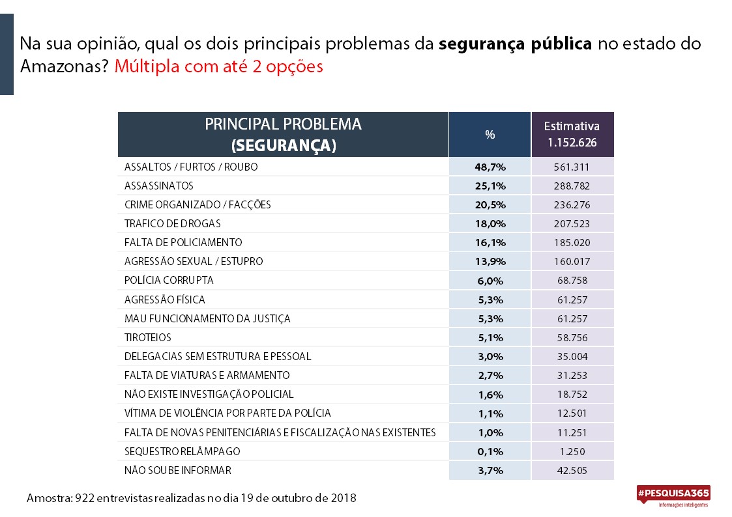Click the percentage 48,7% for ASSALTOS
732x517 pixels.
coord(490,167)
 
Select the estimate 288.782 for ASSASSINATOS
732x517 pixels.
coord(572,186)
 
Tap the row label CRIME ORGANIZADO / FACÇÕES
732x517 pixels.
coord(198,204)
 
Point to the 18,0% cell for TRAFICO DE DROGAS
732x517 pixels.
coord(490,224)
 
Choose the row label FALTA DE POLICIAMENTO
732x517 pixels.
coord(183,242)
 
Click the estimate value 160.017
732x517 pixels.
coord(572,262)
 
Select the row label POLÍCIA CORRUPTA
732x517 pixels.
coord(169,280)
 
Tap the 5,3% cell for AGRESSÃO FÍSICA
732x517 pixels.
coord(490,300)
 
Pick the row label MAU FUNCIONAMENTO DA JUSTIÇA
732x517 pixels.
coord(207,318)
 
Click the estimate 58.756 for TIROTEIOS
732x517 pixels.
coord(572,337)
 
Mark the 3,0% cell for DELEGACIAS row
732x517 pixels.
coord(490,357)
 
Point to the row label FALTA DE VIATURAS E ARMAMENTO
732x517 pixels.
coord(207,375)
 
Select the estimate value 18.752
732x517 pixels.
coord(572,395)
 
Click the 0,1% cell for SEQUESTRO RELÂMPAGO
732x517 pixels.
coord(490,451)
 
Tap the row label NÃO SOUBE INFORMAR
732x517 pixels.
coord(177,470)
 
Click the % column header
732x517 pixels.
coord(490,135)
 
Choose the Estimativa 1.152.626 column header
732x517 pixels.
coord(572,134)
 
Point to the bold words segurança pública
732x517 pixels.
coord(516,44)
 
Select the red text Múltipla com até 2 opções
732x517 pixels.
coord(218,66)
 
